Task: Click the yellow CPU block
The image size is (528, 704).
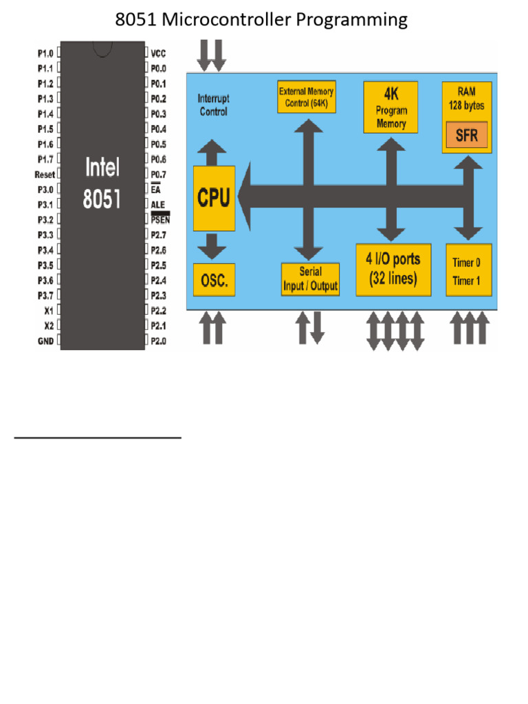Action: pos(214,198)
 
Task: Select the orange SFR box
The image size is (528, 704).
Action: pos(467,135)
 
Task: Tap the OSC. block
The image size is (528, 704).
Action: pos(214,280)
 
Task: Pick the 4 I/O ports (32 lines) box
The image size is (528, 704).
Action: pos(393,269)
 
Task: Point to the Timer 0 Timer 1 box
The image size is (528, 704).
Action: pos(469,270)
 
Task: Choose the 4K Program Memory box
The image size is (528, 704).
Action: pos(390,108)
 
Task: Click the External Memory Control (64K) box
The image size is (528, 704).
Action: pos(307,98)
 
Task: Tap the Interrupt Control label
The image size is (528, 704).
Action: pos(212,104)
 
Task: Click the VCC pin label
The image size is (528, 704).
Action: pos(158,53)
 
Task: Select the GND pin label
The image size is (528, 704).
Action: pos(45,340)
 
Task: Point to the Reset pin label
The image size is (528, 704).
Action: pos(45,175)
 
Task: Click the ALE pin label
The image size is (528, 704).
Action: pos(158,205)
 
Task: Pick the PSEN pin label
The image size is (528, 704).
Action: pos(159,220)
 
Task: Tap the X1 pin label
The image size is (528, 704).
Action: pos(48,310)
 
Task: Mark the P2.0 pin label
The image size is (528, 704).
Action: pos(158,340)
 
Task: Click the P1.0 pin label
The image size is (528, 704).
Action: pos(45,53)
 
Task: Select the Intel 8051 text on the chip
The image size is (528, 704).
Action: pos(102,183)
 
